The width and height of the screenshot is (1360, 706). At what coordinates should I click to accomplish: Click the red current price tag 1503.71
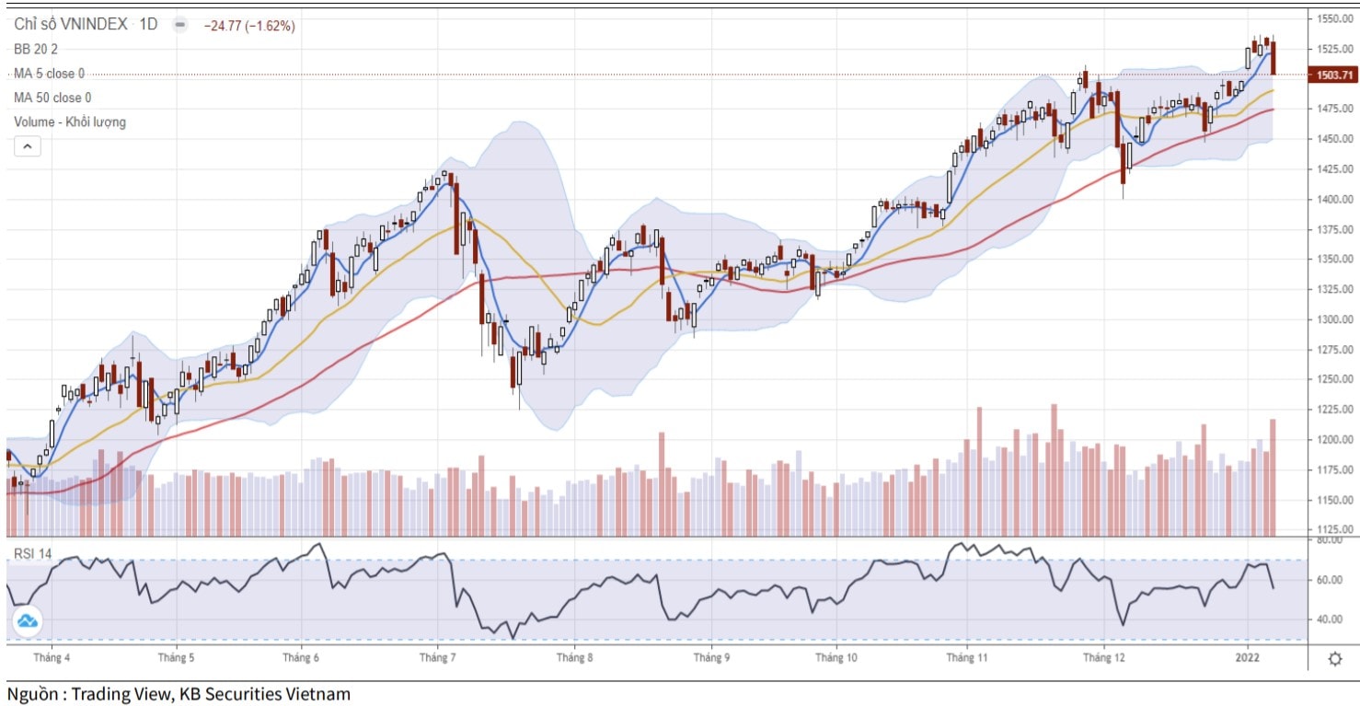coord(1331,75)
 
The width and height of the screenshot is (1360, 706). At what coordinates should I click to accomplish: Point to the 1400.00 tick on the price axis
coord(1333,199)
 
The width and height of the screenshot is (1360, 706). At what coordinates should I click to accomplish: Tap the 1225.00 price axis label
coord(1333,410)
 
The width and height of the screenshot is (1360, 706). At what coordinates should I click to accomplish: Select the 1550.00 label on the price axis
coord(1333,18)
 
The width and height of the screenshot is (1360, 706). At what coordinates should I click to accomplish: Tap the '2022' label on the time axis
coord(1248,658)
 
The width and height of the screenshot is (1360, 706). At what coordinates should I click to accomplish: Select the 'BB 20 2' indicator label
coord(36,50)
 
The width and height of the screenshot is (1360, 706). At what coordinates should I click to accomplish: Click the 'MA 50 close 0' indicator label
coord(52,98)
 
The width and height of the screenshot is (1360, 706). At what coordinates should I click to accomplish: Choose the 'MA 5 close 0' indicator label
coord(49,74)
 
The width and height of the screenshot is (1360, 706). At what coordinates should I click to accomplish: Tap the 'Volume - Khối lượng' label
coord(70,122)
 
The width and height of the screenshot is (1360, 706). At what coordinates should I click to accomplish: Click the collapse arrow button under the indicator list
coord(27,146)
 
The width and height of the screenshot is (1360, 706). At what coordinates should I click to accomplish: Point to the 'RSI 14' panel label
coord(32,553)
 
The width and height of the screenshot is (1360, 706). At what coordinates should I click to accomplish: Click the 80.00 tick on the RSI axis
coord(1330,541)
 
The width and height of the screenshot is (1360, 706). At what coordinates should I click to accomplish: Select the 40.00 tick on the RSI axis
coord(1330,619)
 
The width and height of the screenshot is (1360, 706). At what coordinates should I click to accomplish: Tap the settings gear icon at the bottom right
coord(1334,659)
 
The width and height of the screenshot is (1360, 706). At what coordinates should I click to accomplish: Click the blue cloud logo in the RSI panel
coord(28,622)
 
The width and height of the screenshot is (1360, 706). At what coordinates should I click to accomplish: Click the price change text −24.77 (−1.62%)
coord(249,26)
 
